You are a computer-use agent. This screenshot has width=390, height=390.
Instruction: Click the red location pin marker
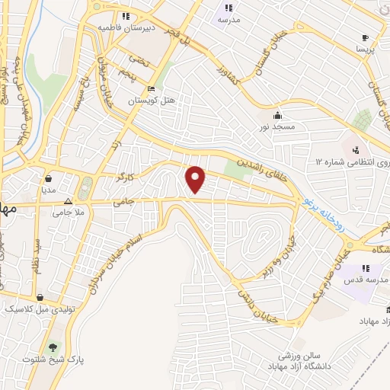coord(197,178)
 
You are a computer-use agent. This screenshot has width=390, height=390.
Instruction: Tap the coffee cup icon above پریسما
coord(365,37)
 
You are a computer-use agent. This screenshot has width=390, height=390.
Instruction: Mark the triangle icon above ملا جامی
coord(68,202)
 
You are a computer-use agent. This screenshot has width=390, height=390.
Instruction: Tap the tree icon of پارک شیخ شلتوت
coord(53,347)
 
